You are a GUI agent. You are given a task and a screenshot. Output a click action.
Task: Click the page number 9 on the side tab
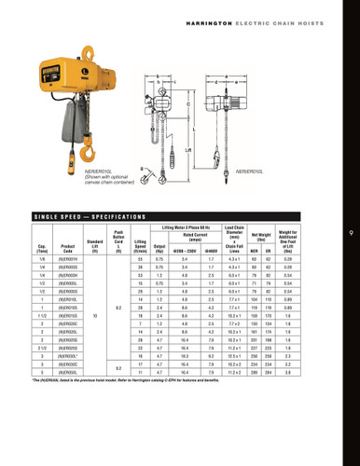click(x=348, y=233)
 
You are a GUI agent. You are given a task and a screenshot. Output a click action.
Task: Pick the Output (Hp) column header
click(x=160, y=250)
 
